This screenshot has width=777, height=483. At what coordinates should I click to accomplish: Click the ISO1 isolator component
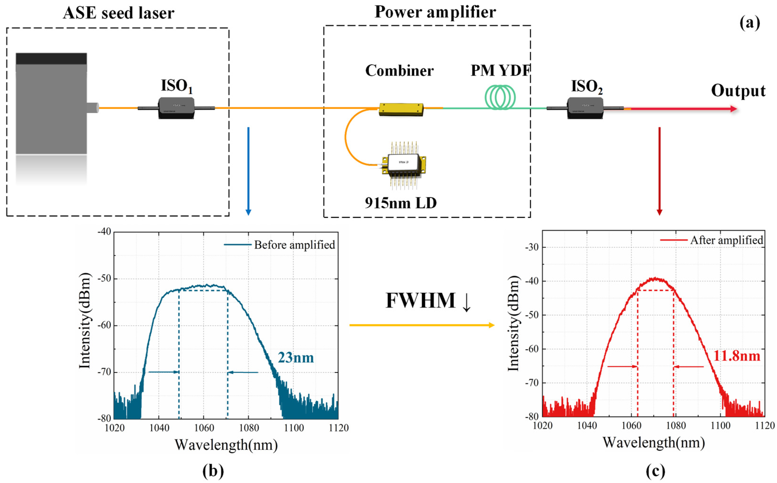pyautogui.click(x=176, y=108)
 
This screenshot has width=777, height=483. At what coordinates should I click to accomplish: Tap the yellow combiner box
pyautogui.click(x=401, y=109)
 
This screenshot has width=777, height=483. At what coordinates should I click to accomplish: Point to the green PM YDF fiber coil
pyautogui.click(x=500, y=97)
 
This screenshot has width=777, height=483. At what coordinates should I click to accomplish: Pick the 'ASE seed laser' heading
pyautogui.click(x=119, y=13)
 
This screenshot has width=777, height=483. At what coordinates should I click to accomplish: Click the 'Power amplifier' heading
pyautogui.click(x=435, y=12)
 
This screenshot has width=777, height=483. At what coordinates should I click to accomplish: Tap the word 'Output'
pyautogui.click(x=738, y=91)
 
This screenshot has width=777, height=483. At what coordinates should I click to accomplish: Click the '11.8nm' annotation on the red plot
pyautogui.click(x=736, y=355)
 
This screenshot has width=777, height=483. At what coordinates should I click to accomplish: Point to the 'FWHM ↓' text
pyautogui.click(x=428, y=301)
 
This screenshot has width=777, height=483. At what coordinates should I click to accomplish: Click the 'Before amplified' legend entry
pyautogui.click(x=294, y=245)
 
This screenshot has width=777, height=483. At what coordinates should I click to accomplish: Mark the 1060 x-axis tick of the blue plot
pyautogui.click(x=204, y=428)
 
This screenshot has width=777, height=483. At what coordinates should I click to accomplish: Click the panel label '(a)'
pyautogui.click(x=750, y=23)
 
